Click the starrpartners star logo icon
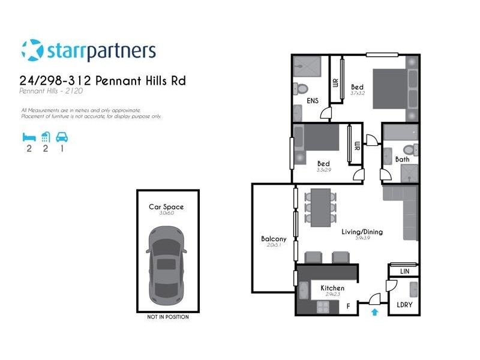tap(32, 50)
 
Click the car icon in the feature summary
tap(61, 136)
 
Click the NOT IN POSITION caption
tap(167, 317)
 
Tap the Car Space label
tap(166, 207)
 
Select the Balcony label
tap(274, 239)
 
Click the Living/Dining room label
tap(362, 232)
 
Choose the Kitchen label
tap(332, 288)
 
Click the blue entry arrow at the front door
tap(374, 311)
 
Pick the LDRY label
tap(404, 304)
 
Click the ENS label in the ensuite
tap(312, 101)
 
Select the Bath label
tap(402, 159)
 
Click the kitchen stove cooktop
tap(324, 307)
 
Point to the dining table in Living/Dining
tap(320, 207)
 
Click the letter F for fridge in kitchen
tap(348, 306)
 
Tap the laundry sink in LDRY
tap(413, 289)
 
